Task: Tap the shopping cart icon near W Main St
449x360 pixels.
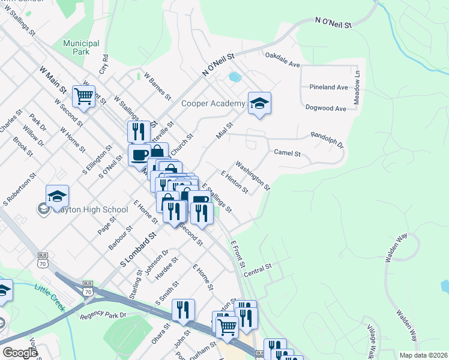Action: pyautogui.click(x=83, y=95)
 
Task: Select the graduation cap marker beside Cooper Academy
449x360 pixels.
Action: pyautogui.click(x=259, y=104)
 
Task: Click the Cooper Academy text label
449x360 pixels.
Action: pyautogui.click(x=213, y=104)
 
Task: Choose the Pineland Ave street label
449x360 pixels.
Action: pyautogui.click(x=328, y=87)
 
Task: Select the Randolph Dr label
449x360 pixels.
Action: pyautogui.click(x=327, y=140)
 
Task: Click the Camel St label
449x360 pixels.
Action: pyautogui.click(x=287, y=153)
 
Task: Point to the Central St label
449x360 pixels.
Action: pyautogui.click(x=258, y=266)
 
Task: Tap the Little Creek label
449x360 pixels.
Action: pyautogui.click(x=49, y=297)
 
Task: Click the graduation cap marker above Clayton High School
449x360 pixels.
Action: pyautogui.click(x=57, y=196)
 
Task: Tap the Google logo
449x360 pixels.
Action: pyautogui.click(x=20, y=353)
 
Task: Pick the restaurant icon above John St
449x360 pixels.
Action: pyautogui.click(x=183, y=310)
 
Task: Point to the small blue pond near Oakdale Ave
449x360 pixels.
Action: pyautogui.click(x=234, y=77)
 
